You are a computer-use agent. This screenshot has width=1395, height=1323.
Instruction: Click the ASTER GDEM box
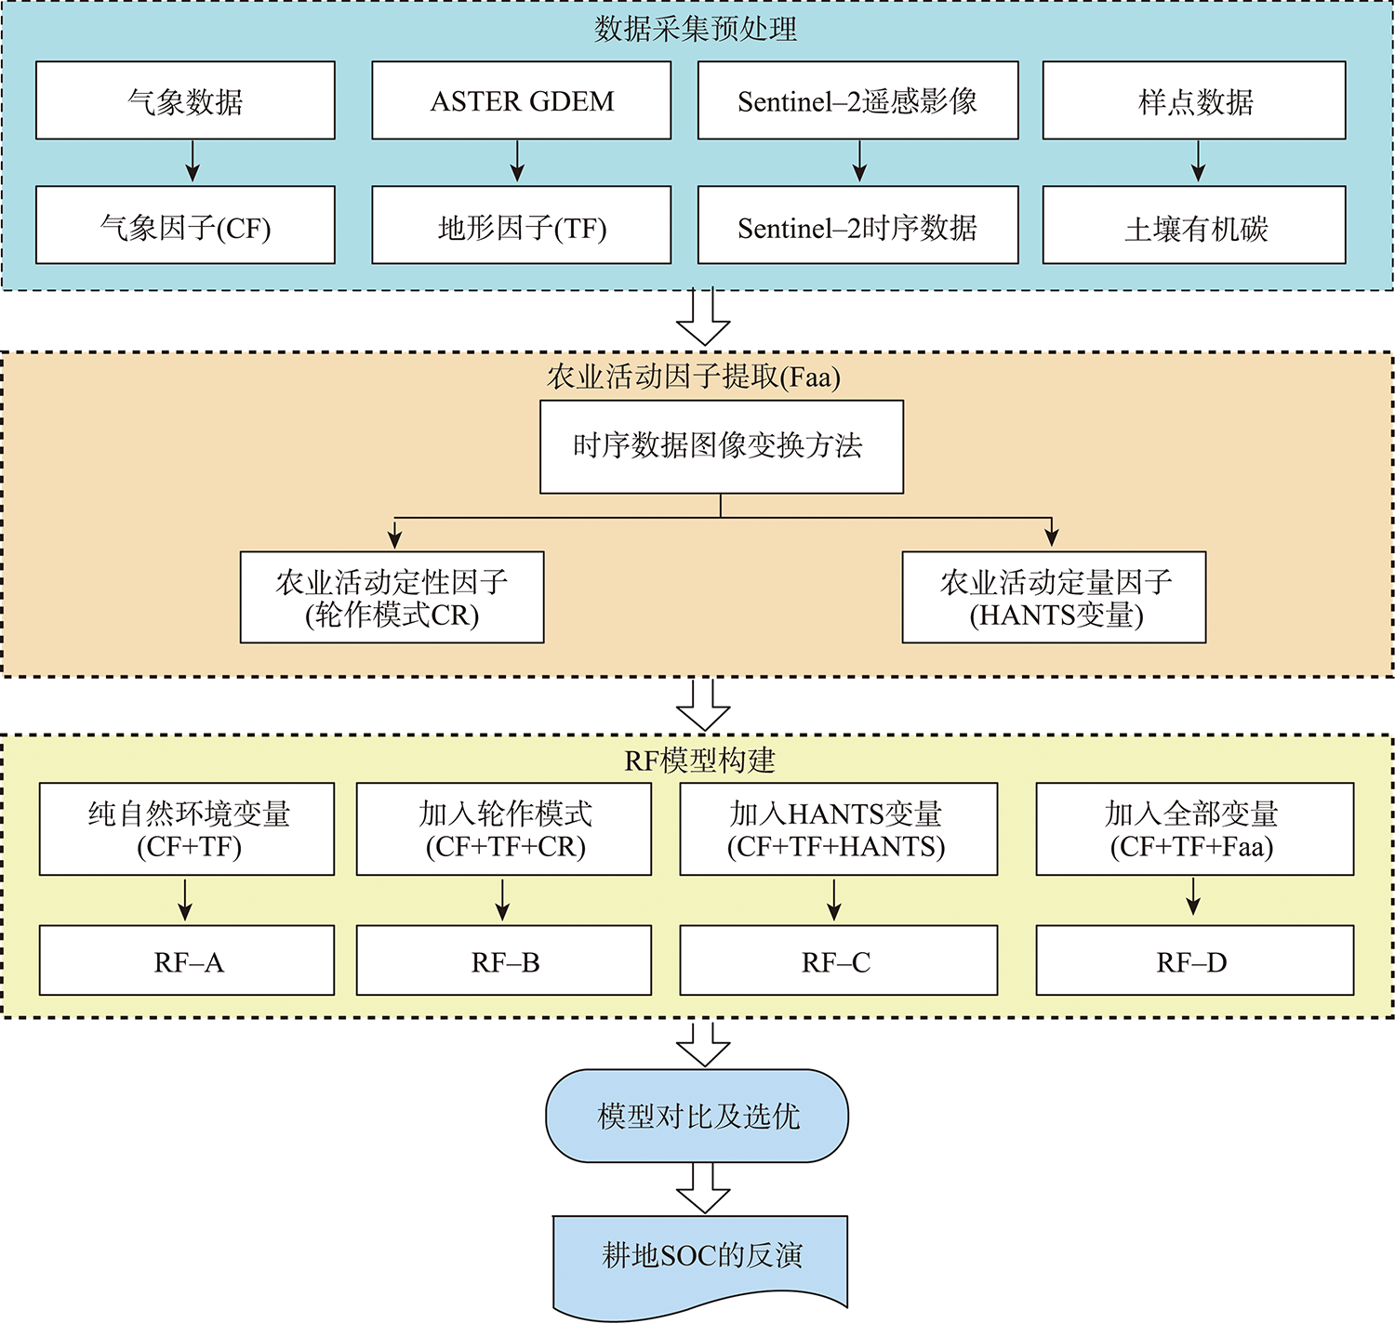coord(521,100)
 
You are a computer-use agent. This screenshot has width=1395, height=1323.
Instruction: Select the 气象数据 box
coord(185,100)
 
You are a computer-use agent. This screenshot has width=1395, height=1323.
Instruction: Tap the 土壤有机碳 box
coord(1194,225)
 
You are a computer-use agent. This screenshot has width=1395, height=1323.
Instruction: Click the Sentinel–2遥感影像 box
coord(857,100)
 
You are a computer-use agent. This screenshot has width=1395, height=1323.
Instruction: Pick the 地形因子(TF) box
coord(521,225)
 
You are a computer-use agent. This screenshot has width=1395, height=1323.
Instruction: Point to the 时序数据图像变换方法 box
coord(721,446)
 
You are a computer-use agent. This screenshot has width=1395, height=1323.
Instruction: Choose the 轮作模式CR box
coord(392,597)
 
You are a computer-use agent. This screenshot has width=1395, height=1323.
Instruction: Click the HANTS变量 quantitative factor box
coord(1054,597)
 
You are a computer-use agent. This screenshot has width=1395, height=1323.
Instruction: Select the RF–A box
coord(186,960)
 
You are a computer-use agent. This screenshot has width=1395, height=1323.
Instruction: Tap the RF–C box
coord(838,960)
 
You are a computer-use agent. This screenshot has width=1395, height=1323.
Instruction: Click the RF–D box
coord(1194,960)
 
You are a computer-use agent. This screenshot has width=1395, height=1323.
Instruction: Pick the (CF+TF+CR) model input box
coord(503,828)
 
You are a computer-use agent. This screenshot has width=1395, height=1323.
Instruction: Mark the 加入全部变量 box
coord(1194,828)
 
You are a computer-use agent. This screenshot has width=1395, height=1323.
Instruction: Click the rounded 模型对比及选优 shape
coord(697,1116)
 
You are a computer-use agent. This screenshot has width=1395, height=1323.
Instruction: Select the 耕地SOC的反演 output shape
coord(700,1257)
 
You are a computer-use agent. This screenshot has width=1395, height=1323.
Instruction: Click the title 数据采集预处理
coord(696,29)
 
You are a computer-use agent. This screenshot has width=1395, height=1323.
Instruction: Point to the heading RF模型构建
coord(699,761)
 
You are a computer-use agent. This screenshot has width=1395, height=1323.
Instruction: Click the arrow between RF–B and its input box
coord(503,900)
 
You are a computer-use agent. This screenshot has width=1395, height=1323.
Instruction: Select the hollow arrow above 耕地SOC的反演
coord(703,1188)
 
